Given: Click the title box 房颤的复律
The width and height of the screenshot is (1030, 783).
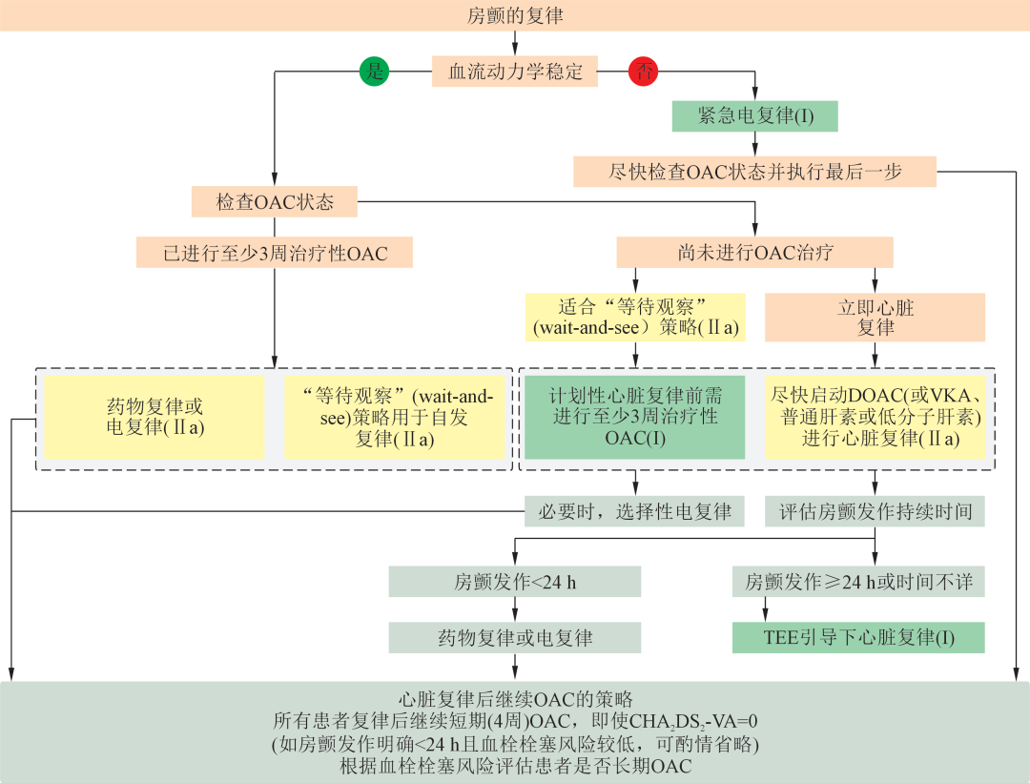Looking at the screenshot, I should tap(515, 15).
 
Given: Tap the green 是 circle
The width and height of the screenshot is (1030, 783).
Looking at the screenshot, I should tap(374, 72).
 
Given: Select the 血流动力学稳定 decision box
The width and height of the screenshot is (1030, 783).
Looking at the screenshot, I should tap(515, 72).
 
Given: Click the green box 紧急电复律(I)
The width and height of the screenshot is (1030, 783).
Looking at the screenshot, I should tap(755, 116).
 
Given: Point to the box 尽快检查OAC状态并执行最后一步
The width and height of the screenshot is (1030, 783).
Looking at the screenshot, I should tap(755, 172).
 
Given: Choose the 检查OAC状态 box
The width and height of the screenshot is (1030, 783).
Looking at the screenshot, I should tap(274, 202).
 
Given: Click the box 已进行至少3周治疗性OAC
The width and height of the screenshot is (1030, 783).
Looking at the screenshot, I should tap(274, 253).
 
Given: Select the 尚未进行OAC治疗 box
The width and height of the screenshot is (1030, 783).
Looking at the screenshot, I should tap(755, 253).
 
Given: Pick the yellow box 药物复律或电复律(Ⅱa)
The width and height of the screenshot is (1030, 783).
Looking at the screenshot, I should tap(154, 417).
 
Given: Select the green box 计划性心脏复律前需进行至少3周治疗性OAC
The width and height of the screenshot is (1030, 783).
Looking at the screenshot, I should tap(633, 417).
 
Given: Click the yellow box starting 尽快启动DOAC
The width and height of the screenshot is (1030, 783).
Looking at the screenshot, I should tap(875, 417).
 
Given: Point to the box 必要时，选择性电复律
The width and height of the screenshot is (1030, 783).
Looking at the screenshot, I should tap(634, 512).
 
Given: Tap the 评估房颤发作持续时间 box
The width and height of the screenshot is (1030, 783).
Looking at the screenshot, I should tap(875, 512).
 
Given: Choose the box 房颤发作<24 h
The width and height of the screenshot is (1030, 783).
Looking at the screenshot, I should tap(515, 581).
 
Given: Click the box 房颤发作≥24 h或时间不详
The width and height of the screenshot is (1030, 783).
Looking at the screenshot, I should tap(858, 581).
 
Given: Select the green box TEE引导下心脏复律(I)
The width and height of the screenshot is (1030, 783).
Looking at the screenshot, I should tap(858, 637).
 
